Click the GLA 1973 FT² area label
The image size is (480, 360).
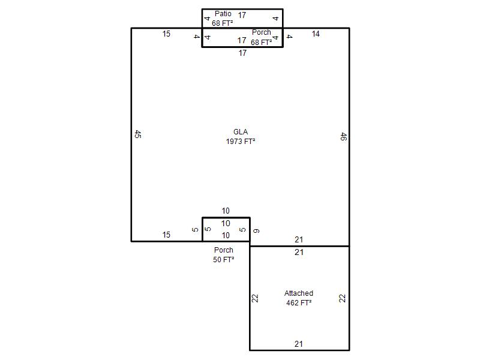[x=241, y=137]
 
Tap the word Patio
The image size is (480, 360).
[x=223, y=14]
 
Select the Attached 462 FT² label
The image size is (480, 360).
[x=299, y=298]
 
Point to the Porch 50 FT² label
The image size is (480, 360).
[x=224, y=254]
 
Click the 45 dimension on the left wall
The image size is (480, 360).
[x=138, y=134]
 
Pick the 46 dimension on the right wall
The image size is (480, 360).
[x=343, y=137]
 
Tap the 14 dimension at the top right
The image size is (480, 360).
[x=316, y=34]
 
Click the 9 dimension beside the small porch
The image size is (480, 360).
[x=257, y=230]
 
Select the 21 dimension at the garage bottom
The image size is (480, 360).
[x=299, y=344]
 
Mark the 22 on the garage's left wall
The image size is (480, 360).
[x=255, y=298]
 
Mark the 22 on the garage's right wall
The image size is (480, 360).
[x=342, y=298]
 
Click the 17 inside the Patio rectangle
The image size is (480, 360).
[x=242, y=15]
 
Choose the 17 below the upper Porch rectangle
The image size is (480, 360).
[x=242, y=53]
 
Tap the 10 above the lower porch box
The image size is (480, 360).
[x=226, y=211]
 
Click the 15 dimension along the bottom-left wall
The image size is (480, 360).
[x=166, y=235]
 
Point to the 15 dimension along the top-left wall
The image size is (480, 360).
[x=166, y=34]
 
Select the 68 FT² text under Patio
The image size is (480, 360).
[x=223, y=23]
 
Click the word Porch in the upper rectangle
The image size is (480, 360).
[x=262, y=32]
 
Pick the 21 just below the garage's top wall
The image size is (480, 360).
[x=299, y=253]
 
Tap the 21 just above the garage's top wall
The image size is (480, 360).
[x=299, y=239]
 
